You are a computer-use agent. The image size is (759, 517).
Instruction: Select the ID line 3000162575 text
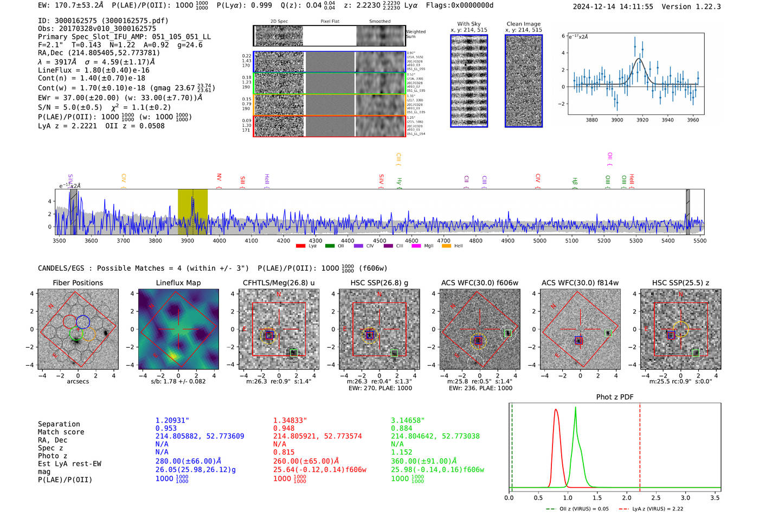103,21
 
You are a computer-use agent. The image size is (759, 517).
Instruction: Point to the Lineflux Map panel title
178,283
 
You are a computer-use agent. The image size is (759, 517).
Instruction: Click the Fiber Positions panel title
78,283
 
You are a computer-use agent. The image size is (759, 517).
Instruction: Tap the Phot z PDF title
615,397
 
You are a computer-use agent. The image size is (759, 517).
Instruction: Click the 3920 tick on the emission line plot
642,120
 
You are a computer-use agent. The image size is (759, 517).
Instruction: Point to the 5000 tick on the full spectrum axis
539,240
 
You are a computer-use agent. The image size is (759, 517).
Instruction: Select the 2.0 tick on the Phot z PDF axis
627,497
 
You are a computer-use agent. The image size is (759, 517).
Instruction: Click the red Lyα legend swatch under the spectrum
300,246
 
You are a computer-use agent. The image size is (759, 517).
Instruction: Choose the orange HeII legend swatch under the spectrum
446,246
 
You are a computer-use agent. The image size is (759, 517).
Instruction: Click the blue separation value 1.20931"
172,420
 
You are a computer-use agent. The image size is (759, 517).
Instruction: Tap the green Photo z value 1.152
402,452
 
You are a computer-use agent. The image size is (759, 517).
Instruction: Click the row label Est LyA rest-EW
69,464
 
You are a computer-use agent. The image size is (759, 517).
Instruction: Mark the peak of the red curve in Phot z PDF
556,410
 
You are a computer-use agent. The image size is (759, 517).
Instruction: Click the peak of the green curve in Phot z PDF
575,407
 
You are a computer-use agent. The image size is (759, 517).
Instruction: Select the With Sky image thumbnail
469,81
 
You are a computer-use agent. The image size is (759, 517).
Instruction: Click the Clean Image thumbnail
524,81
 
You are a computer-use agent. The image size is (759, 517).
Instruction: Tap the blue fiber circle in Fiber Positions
83,321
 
